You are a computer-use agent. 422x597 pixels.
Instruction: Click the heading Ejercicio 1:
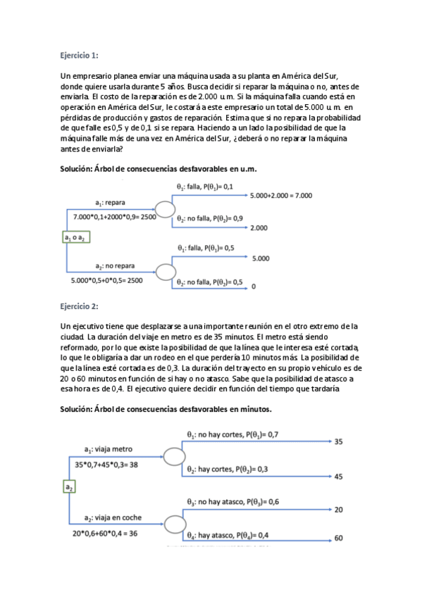point(80,54)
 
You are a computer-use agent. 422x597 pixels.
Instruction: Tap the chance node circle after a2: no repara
point(165,272)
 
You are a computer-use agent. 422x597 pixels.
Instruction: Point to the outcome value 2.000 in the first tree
point(259,228)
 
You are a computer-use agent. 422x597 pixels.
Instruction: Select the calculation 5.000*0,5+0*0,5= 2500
point(106,280)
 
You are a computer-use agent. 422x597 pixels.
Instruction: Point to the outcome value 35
point(338,442)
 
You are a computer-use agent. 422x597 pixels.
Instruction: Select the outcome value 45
point(338,477)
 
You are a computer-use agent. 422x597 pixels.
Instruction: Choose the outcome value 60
point(338,539)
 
